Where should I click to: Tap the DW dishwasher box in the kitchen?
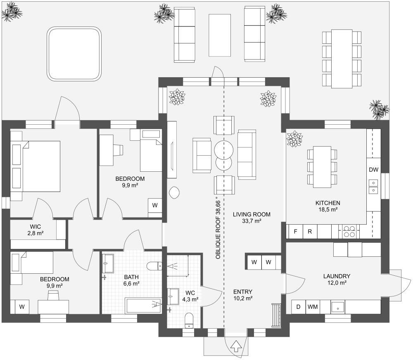pyautogui.click(x=373, y=170)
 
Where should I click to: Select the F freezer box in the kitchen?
pyautogui.click(x=295, y=232)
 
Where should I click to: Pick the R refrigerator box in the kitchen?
pyautogui.click(x=310, y=232)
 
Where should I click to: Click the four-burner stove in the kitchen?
pyautogui.click(x=349, y=232)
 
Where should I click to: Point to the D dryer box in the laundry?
pyautogui.click(x=298, y=307)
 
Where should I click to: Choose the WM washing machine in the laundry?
pyautogui.click(x=312, y=307)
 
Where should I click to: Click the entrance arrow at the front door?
pyautogui.click(x=235, y=346)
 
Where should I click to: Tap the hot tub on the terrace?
pyautogui.click(x=74, y=54)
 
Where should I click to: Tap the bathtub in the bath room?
pyautogui.click(x=143, y=306)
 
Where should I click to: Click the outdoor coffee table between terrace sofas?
pyautogui.click(x=220, y=35)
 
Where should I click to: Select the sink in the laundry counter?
pyautogui.click(x=338, y=307)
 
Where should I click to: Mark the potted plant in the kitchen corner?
pyautogui.click(x=294, y=139)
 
